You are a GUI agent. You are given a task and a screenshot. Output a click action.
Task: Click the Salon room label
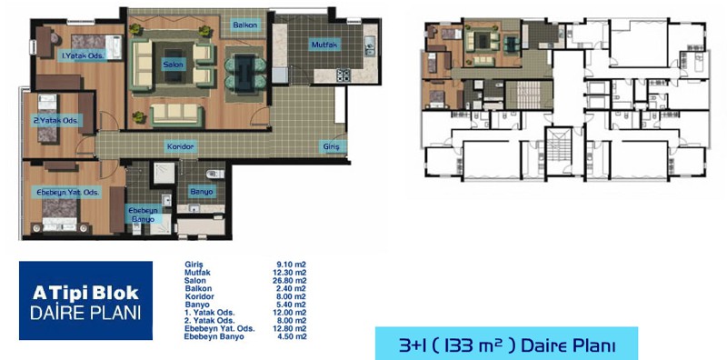point(173,65)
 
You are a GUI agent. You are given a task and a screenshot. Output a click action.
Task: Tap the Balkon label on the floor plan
point(245,25)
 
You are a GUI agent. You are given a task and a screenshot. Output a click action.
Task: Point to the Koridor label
point(180,147)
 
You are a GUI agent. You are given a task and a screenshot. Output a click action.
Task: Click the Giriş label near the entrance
point(332,147)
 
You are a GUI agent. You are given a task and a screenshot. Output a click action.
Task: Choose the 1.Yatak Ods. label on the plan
point(84,55)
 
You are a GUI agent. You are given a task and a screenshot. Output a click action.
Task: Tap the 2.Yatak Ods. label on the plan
point(58,121)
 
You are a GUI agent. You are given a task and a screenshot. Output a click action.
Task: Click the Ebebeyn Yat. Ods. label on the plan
point(68,192)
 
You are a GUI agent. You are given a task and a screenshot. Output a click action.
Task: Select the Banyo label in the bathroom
point(201,192)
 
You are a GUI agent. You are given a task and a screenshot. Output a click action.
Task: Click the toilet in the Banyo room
point(214,174)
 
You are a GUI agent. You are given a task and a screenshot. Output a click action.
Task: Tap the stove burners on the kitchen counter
point(344,75)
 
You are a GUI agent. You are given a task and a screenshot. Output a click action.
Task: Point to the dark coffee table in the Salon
point(173,65)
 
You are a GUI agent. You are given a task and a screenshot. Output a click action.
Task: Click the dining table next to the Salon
point(245,71)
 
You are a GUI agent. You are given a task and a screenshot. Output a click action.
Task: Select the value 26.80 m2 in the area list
point(290,281)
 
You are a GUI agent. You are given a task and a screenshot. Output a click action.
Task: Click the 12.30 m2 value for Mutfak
point(290,273)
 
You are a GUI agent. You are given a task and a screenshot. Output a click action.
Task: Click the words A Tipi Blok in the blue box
point(85,294)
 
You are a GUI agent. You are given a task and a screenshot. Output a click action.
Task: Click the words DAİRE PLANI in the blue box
point(85,313)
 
